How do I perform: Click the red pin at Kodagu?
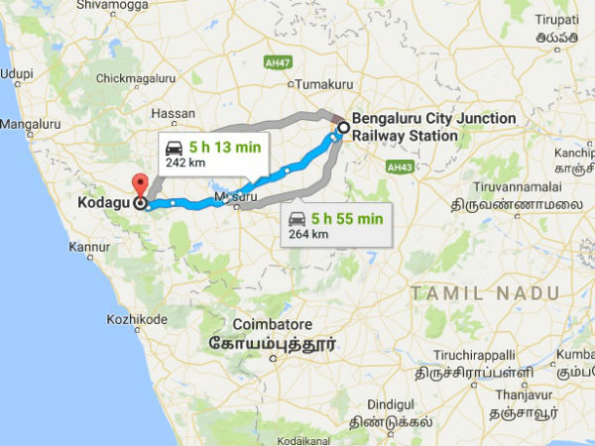[140, 185]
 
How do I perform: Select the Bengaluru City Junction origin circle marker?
[343, 128]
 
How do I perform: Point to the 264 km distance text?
[302, 234]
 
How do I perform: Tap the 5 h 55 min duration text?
[347, 218]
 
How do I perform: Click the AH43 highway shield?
[401, 167]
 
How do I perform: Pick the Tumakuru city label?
[298, 85]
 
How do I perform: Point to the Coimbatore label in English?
[272, 325]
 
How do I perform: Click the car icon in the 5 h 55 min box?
[296, 218]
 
